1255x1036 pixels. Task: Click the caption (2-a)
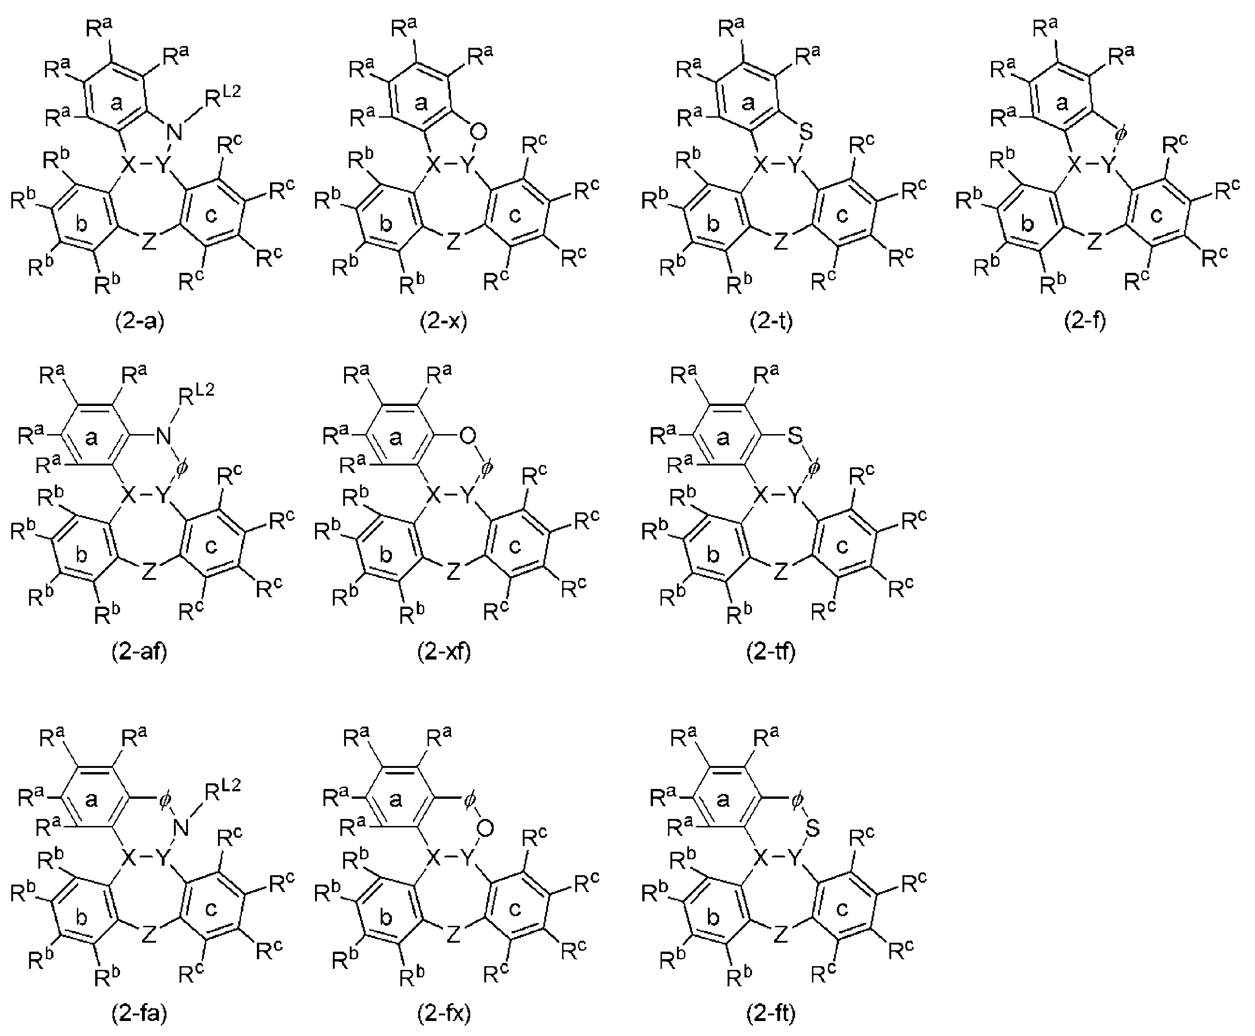140,321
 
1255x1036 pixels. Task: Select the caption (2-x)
443,321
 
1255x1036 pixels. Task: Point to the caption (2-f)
1085,321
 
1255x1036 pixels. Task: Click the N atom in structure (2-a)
175,132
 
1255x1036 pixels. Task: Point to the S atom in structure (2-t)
806,132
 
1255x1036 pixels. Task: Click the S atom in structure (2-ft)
812,828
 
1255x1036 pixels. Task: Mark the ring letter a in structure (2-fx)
396,800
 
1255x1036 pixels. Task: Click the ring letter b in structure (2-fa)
82,917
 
